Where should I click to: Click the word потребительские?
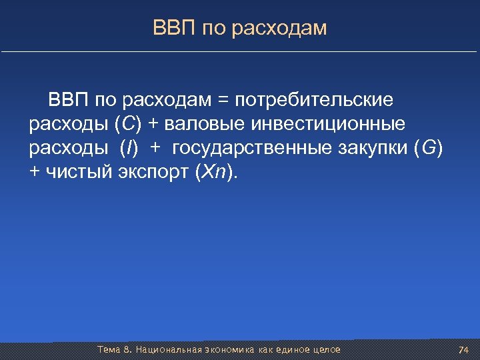click(314, 100)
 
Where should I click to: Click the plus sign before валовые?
click(151, 124)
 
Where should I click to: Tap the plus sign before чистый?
click(35, 172)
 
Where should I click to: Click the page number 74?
click(464, 350)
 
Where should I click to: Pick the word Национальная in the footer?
click(166, 349)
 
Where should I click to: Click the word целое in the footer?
click(325, 349)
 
